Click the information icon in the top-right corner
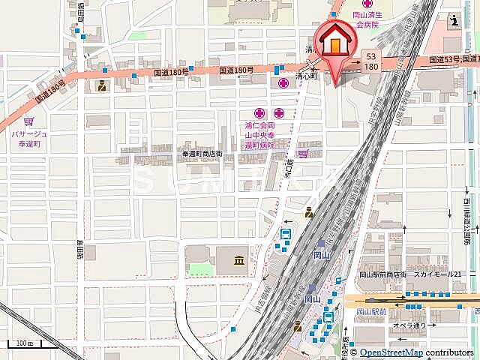457,22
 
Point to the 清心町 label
307,76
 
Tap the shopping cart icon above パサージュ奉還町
28,121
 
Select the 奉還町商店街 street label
202,153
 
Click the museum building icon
238,261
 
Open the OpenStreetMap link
391,352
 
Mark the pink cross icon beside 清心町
283,82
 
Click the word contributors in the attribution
450,352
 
